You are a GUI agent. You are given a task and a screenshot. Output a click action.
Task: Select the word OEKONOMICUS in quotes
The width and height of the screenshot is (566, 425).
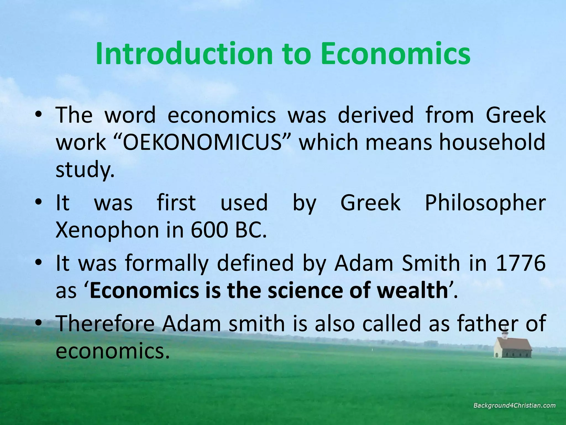(x=201, y=142)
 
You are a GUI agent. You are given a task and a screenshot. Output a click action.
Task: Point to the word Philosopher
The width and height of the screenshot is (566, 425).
(x=485, y=203)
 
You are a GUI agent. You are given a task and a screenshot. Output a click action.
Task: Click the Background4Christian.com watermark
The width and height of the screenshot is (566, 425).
(x=514, y=406)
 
